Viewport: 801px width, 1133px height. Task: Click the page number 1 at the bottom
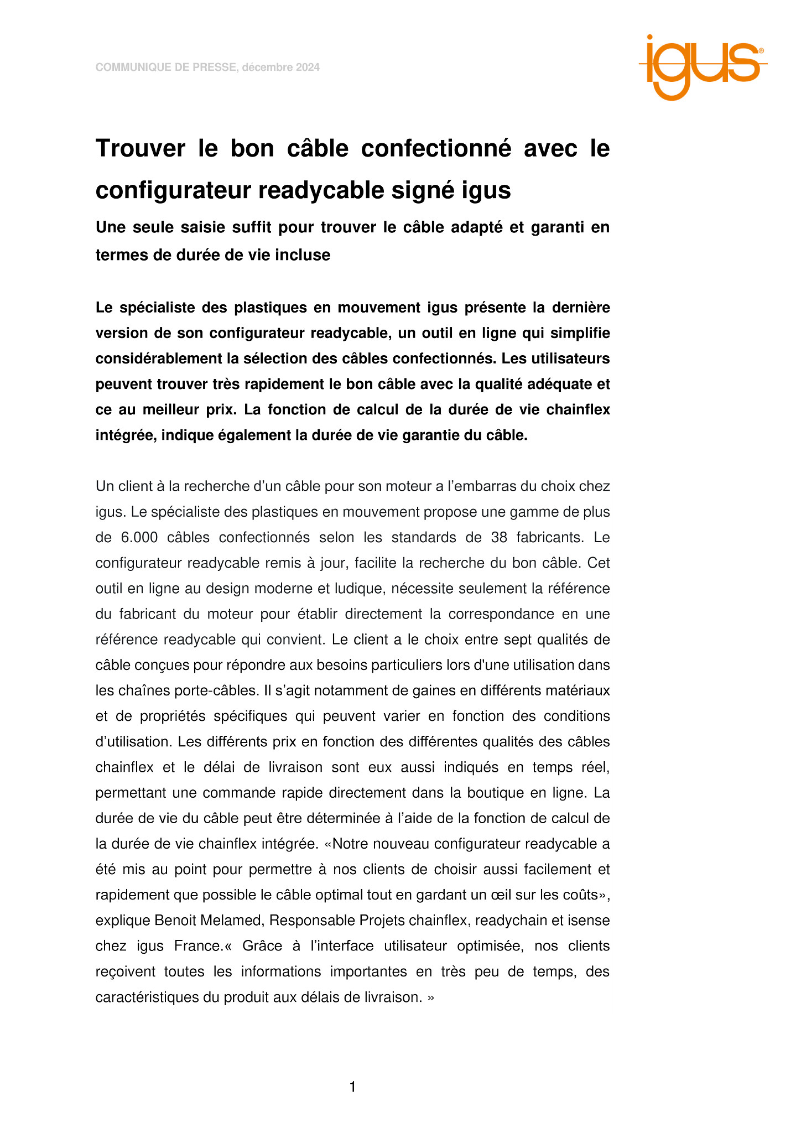(x=352, y=1087)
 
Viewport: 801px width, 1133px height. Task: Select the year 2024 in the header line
(x=307, y=67)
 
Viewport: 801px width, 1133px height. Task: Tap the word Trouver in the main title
(x=141, y=149)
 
